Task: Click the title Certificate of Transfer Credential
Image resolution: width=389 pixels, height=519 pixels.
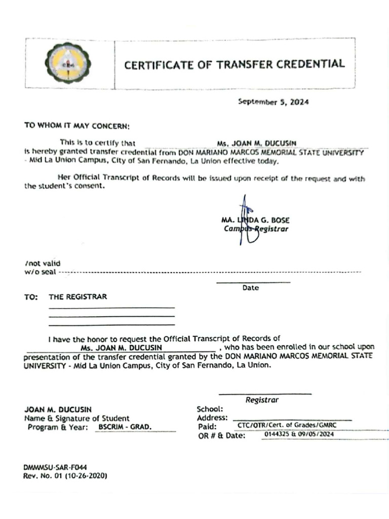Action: click(235, 64)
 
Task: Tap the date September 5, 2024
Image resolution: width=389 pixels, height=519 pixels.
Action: click(273, 102)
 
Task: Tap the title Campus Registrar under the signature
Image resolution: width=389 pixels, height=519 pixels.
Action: click(256, 229)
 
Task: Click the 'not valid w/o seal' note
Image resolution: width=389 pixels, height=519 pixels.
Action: click(43, 268)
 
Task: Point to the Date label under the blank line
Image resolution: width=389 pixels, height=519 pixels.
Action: click(250, 287)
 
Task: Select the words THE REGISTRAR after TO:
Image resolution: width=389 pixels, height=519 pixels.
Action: click(77, 297)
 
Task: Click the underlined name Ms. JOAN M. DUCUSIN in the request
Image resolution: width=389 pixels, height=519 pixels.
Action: click(121, 348)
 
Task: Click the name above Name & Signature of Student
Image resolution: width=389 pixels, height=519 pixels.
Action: click(58, 410)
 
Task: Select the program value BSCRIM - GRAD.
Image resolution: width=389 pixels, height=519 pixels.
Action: click(125, 427)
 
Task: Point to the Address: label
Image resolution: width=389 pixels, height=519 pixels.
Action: click(212, 418)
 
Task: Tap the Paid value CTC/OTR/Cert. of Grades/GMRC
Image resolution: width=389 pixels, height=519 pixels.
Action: click(287, 426)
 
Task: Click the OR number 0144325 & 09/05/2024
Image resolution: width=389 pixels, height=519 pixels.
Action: click(299, 435)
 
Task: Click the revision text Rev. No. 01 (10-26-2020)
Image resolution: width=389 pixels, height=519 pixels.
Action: click(65, 476)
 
